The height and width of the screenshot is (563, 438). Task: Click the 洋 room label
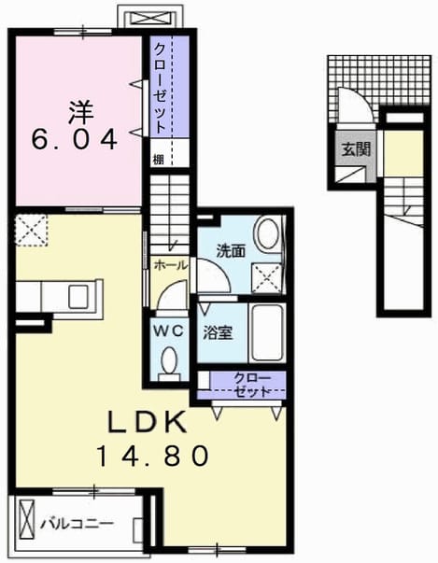[x=81, y=112]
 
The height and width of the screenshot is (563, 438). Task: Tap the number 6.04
[x=75, y=139]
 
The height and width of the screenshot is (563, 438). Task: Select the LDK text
[x=148, y=421]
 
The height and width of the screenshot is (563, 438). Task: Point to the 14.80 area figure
[x=153, y=456]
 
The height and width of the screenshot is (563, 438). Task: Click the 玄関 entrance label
[x=356, y=149]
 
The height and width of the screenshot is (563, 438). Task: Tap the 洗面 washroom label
[x=231, y=251]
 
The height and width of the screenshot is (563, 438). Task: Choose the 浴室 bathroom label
[x=218, y=332]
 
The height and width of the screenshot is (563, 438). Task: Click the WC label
[x=169, y=331]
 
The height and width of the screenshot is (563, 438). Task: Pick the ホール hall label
[x=171, y=266]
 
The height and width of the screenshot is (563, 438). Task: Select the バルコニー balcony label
[x=77, y=524]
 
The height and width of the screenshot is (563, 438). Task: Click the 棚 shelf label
[x=159, y=159]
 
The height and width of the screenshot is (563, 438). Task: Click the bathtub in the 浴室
[x=266, y=332]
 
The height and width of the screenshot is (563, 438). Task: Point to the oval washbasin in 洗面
[x=268, y=233]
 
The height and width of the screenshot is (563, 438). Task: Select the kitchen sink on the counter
[x=78, y=296]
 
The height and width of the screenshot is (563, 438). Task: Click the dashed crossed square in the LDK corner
[x=31, y=231]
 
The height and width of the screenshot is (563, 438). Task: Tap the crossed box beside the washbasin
[x=266, y=278]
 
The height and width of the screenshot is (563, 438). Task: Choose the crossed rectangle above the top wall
[x=155, y=18]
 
